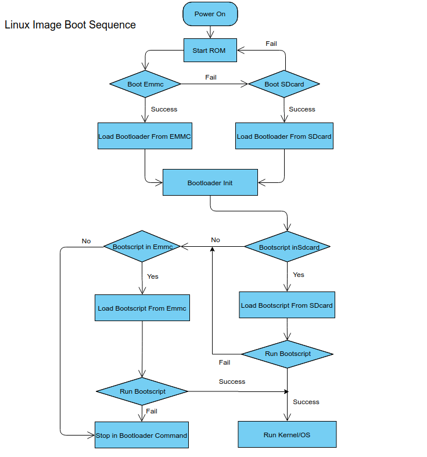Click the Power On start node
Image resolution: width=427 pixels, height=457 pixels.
[x=210, y=14]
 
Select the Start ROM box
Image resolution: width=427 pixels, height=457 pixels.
[x=209, y=51]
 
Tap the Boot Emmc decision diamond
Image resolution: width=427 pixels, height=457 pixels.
[x=145, y=84]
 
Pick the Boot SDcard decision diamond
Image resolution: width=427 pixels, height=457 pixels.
[x=284, y=84]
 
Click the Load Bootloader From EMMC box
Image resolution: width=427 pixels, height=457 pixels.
[x=145, y=136]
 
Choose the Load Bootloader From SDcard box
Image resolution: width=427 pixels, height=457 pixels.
[x=284, y=136]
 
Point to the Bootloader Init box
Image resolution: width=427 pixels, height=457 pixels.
[x=210, y=183]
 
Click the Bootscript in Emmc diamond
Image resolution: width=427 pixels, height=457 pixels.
[x=142, y=246]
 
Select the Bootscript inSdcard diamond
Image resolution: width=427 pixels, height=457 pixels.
[x=287, y=247]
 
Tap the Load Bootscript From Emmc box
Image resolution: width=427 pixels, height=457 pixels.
[x=142, y=308]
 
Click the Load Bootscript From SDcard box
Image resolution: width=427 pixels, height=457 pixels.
[x=287, y=305]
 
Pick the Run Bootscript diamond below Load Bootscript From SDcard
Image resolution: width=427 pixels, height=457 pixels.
[x=288, y=354]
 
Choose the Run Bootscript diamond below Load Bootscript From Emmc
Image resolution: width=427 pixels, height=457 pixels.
[x=142, y=391]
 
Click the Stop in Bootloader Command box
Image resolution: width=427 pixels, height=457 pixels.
[x=142, y=435]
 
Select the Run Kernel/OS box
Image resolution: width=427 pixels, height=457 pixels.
[x=287, y=435]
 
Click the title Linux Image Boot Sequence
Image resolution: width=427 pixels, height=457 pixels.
[x=70, y=25]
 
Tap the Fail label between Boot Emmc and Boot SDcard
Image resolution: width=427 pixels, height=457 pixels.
[x=211, y=77]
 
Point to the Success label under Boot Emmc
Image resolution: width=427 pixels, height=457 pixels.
[x=164, y=109]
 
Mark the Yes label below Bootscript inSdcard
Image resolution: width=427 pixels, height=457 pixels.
[x=299, y=275]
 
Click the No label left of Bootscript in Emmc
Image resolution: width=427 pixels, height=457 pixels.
[x=87, y=241]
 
